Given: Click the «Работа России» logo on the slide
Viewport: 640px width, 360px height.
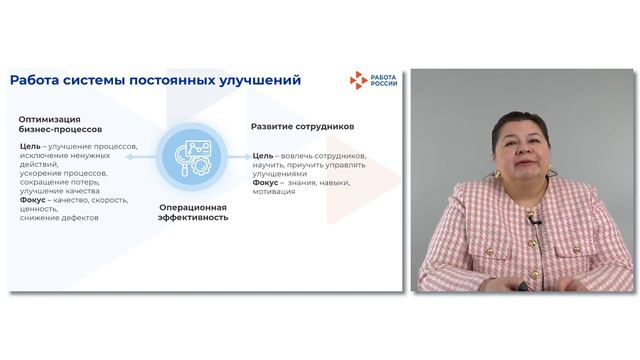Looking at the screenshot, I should [371, 80].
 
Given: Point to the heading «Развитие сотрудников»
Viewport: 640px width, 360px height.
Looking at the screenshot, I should [301, 127].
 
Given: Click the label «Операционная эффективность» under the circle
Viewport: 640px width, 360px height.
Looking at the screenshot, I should [193, 211].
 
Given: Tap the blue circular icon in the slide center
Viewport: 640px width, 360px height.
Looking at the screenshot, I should [193, 157].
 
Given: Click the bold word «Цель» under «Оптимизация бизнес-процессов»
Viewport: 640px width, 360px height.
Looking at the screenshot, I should [29, 146].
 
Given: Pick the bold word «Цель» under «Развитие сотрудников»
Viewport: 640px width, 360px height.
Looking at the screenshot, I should [263, 156].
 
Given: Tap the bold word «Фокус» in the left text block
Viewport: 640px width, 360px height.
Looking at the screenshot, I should [33, 200].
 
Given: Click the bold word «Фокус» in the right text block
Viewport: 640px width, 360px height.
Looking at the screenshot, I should [265, 183].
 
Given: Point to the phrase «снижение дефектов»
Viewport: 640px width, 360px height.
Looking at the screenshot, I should [59, 218].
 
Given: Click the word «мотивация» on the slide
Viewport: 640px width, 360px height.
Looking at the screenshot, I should [274, 192].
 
